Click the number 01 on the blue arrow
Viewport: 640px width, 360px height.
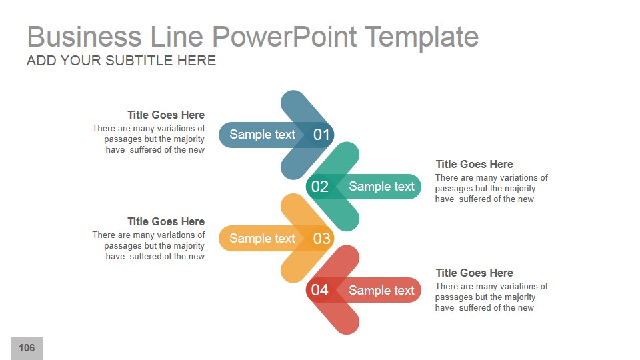click(x=321, y=135)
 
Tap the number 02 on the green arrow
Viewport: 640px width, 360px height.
click(x=320, y=187)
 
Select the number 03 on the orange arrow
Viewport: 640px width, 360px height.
click(x=321, y=239)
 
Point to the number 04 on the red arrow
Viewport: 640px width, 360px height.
click(x=320, y=290)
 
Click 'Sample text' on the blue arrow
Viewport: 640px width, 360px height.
click(x=262, y=135)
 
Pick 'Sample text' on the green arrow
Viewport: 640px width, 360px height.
click(x=381, y=187)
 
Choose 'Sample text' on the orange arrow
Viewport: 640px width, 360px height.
click(x=262, y=239)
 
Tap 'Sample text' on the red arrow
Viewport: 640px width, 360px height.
click(x=381, y=290)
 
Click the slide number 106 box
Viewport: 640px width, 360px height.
click(x=27, y=348)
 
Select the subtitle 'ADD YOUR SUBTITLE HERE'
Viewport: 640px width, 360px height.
click(x=121, y=61)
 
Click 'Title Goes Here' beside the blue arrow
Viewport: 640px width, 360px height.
click(x=166, y=115)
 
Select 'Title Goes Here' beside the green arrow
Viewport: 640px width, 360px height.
click(x=474, y=164)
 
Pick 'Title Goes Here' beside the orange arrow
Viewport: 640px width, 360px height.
click(x=166, y=221)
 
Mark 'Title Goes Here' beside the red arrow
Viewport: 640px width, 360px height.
click(x=474, y=273)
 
